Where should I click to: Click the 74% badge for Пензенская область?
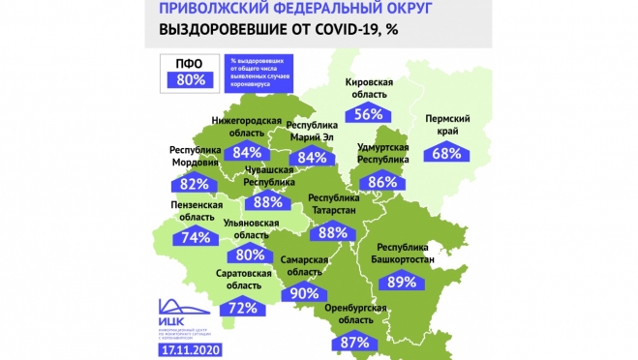[x=196, y=237]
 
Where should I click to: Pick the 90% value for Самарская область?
[x=303, y=293]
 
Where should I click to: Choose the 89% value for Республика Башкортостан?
[x=400, y=282]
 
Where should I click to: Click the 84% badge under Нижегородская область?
[x=247, y=152]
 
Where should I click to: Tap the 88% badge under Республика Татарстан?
[x=332, y=231]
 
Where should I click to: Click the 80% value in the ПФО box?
[x=193, y=80]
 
